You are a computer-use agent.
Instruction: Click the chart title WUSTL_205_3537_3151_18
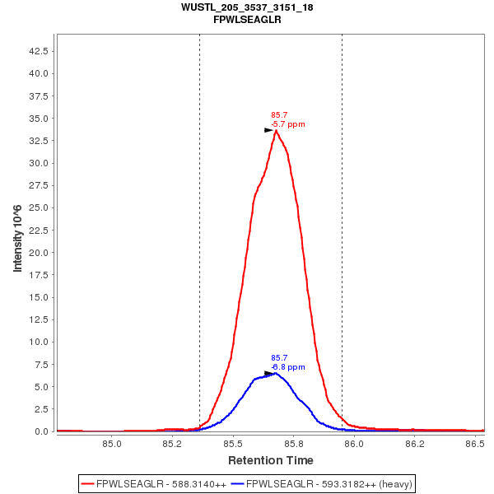[247, 7]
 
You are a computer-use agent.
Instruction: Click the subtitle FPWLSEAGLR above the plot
[247, 19]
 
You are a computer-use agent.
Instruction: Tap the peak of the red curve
[276, 130]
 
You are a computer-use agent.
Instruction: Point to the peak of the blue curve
[276, 373]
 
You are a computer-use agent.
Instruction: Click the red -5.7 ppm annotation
[288, 124]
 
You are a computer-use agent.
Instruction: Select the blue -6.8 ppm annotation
[288, 367]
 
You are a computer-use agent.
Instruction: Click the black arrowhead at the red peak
[268, 130]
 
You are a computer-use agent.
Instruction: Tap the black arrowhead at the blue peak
[268, 373]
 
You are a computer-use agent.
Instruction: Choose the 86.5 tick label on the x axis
[474, 444]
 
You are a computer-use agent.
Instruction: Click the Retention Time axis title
[271, 460]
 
